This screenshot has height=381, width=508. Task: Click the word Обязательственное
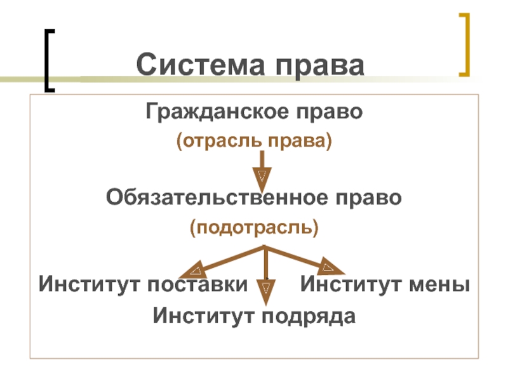click(x=215, y=198)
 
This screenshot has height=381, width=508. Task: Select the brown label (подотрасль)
click(x=253, y=226)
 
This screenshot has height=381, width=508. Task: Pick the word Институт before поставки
click(x=90, y=284)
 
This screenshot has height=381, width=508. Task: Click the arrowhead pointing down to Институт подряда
click(x=267, y=291)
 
